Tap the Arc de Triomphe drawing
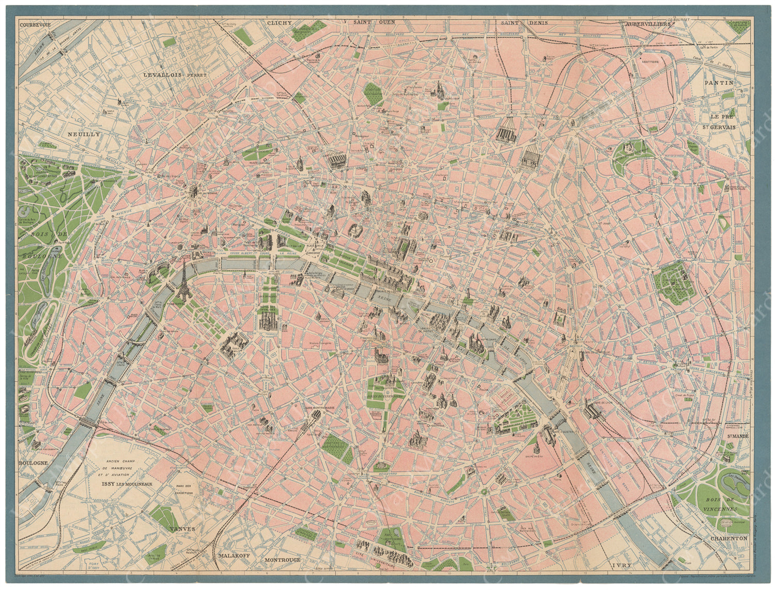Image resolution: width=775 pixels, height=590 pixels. coord(193,191)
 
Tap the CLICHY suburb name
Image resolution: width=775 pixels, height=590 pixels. coord(280,23)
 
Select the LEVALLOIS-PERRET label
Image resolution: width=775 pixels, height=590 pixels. coord(176,75)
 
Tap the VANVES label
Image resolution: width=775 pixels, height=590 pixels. coord(181,529)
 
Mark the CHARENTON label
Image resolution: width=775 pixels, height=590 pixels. coord(729,538)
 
